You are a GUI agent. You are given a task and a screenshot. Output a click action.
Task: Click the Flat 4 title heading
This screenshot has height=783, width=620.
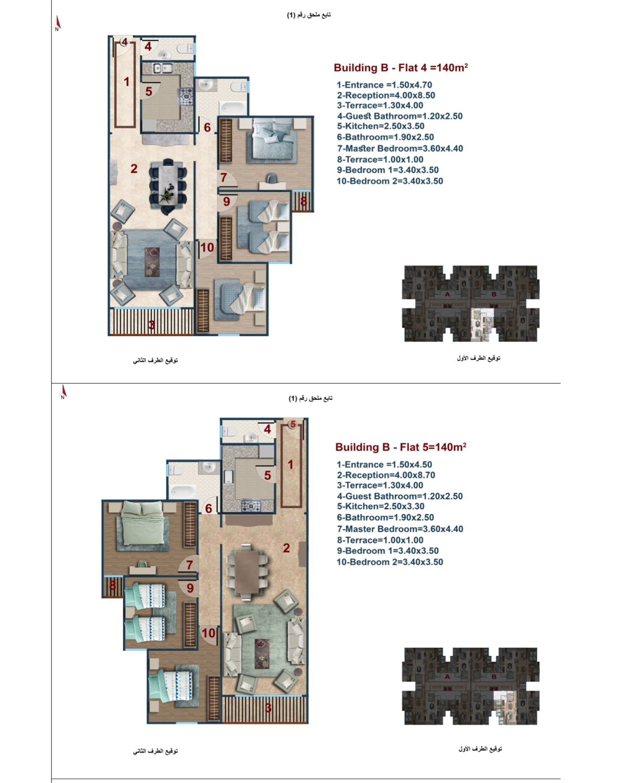tap(401, 68)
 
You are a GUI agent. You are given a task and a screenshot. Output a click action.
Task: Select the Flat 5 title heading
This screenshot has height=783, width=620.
tap(401, 447)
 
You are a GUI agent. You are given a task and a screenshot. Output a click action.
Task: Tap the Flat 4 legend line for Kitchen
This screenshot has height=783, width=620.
tap(381, 126)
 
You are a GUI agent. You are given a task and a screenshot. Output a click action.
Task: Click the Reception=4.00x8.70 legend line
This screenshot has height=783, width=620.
tap(386, 475)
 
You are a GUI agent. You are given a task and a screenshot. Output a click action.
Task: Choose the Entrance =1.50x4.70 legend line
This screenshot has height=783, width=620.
tap(384, 85)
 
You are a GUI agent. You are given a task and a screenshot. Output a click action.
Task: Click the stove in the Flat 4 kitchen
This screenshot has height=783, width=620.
tap(187, 97)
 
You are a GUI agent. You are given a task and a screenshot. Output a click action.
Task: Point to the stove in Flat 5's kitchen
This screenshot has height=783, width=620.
tap(250, 506)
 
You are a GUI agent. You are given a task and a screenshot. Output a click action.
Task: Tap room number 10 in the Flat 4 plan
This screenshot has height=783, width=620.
tap(207, 248)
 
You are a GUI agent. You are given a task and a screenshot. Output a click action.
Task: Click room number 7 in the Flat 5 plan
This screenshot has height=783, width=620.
tap(189, 565)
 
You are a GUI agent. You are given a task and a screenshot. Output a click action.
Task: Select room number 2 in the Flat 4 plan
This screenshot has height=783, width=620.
tap(134, 168)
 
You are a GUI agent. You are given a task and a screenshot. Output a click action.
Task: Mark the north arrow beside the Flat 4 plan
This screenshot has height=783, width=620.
tap(57, 23)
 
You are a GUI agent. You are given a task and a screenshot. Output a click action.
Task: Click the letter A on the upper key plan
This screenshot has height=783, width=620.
tap(447, 294)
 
